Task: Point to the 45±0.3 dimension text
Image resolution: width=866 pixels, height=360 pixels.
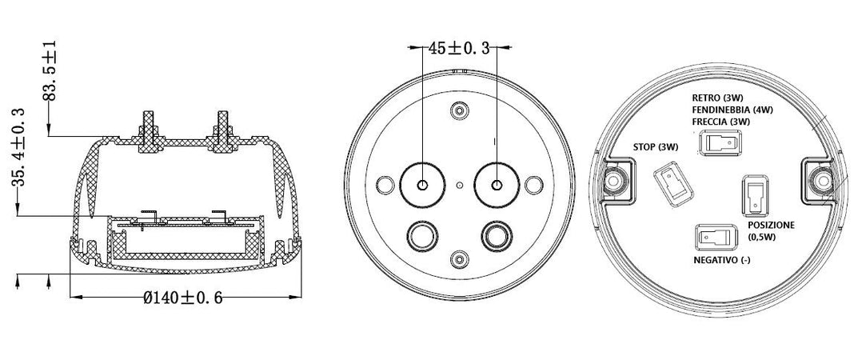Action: coord(458,48)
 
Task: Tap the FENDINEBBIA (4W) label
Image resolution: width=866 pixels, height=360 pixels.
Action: coord(733,110)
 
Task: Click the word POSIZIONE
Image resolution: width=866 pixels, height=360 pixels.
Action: coord(771,226)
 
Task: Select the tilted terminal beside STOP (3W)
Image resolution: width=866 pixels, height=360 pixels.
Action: coord(670,183)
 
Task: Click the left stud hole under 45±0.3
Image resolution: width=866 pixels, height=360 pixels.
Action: coord(421,185)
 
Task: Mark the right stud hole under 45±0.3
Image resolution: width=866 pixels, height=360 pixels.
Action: coord(497,185)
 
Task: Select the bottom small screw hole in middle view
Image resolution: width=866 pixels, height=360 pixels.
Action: coord(459,259)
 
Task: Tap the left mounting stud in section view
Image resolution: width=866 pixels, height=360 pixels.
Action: coord(146,129)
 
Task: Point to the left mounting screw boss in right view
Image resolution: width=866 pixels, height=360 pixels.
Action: coord(614,181)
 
